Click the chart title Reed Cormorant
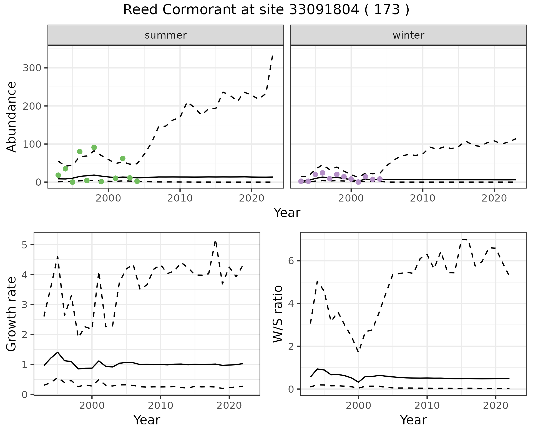266,10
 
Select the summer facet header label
166,35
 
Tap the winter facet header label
408,35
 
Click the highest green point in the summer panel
94,147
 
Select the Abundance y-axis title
12,117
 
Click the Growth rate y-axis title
12,314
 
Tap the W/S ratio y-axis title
278,314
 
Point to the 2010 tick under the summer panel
180,198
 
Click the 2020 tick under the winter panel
494,198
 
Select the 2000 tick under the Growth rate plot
92,406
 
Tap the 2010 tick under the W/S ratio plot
427,406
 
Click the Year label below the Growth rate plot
147,420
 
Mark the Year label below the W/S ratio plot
413,420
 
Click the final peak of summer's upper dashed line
273,56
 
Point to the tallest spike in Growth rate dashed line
215,241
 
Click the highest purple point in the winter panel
322,173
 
